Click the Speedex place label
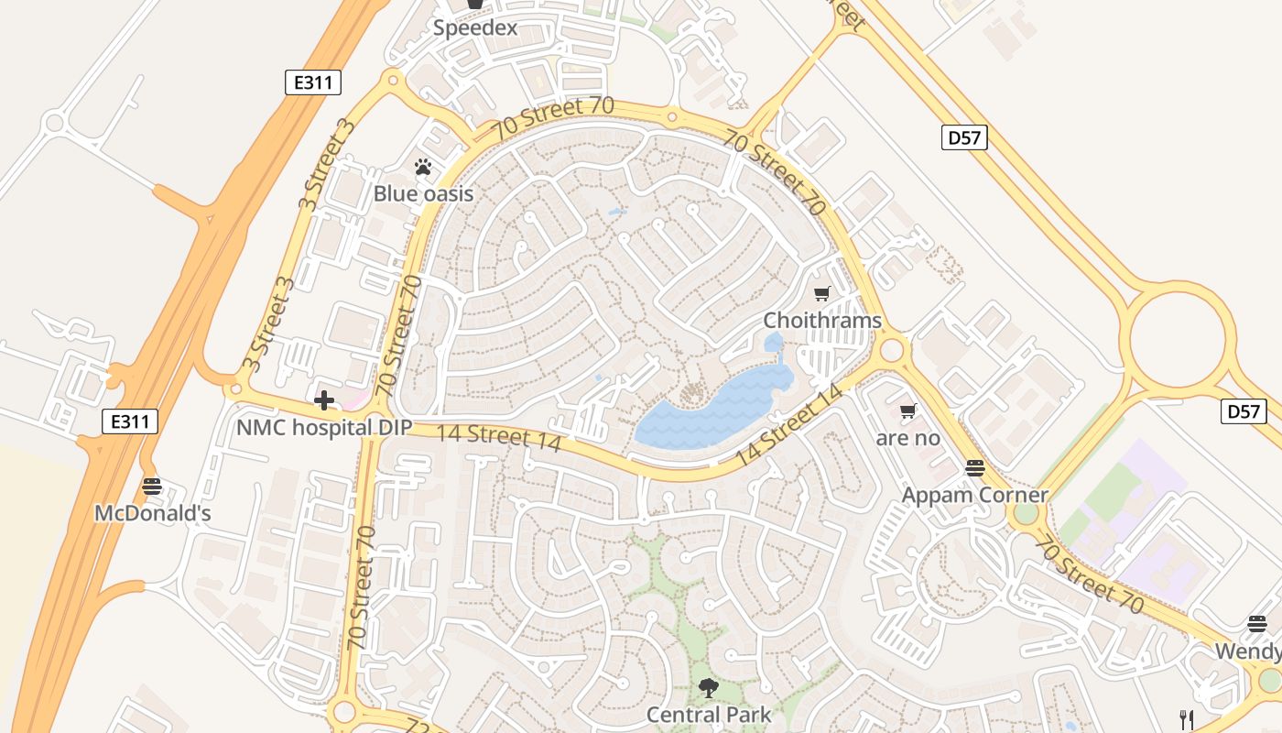pyautogui.click(x=474, y=27)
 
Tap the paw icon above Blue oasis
pyautogui.click(x=423, y=167)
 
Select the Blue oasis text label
pyautogui.click(x=423, y=193)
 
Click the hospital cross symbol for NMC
pyautogui.click(x=323, y=400)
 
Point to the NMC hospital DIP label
pyautogui.click(x=324, y=427)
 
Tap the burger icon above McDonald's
pyautogui.click(x=152, y=486)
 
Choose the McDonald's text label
pyautogui.click(x=153, y=513)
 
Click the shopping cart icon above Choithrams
pyautogui.click(x=821, y=293)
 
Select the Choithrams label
pyautogui.click(x=822, y=321)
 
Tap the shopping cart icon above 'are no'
pyautogui.click(x=907, y=410)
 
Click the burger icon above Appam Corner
pyautogui.click(x=974, y=468)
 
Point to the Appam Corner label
pyautogui.click(x=974, y=495)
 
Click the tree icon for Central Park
pyautogui.click(x=708, y=687)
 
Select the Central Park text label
pyautogui.click(x=709, y=714)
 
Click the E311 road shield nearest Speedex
pyautogui.click(x=312, y=82)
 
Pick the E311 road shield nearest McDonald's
pyautogui.click(x=129, y=421)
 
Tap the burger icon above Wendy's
pyautogui.click(x=1257, y=624)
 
